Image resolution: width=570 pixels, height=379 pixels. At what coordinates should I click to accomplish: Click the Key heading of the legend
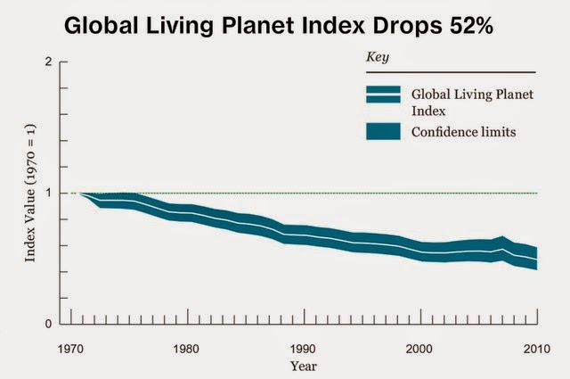pyautogui.click(x=379, y=57)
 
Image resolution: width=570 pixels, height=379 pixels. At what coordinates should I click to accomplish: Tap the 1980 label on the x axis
pyautogui.click(x=186, y=349)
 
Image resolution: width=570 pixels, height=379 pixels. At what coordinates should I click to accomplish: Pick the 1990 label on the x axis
pyautogui.click(x=303, y=349)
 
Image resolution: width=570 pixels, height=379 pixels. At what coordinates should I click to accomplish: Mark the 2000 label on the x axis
pyautogui.click(x=419, y=349)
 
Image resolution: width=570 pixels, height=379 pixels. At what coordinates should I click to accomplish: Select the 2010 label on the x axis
pyautogui.click(x=534, y=349)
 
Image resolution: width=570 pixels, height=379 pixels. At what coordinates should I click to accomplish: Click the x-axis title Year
pyautogui.click(x=302, y=365)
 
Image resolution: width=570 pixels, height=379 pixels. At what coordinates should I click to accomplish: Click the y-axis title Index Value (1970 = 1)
pyautogui.click(x=30, y=194)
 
